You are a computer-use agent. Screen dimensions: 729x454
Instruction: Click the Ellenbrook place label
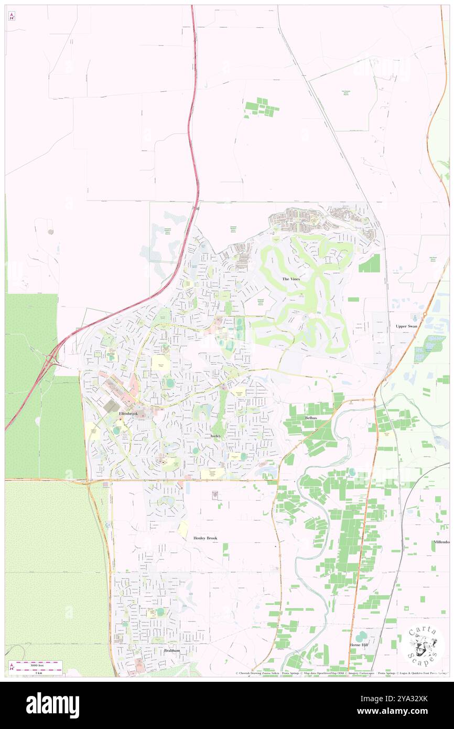click(128, 414)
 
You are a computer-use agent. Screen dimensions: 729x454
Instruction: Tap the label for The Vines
click(291, 279)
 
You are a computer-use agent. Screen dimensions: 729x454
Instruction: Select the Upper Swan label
click(406, 326)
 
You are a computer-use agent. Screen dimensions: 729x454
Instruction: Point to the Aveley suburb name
click(217, 436)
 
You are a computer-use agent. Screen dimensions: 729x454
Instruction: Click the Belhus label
click(311, 417)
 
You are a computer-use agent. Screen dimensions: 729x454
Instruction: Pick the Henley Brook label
click(204, 538)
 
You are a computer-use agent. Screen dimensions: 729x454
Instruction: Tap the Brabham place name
click(172, 650)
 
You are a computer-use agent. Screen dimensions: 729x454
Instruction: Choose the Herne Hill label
click(361, 645)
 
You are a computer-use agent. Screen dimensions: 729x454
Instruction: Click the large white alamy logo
click(52, 705)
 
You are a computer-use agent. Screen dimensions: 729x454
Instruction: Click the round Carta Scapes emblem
click(424, 646)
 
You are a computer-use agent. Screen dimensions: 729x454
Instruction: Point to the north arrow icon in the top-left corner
click(12, 16)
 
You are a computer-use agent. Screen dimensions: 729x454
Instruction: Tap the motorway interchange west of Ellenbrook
click(51, 360)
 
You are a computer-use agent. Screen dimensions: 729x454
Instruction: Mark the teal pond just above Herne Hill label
click(361, 635)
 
